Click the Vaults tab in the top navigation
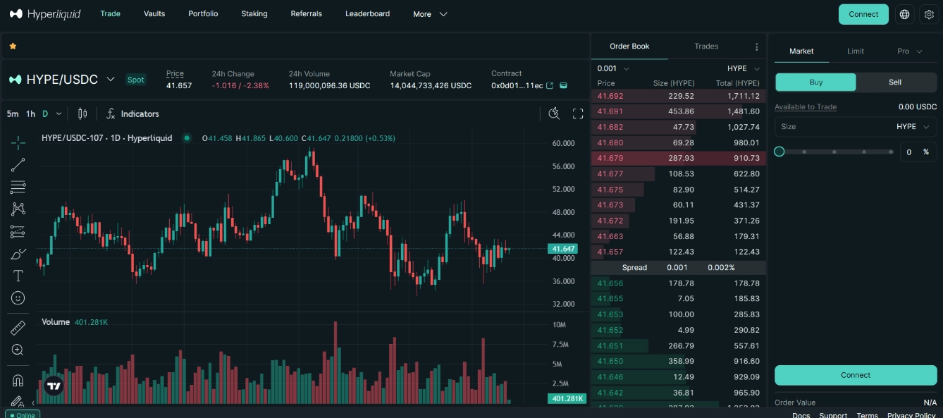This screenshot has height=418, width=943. click(x=154, y=13)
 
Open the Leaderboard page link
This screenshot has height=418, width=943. click(x=367, y=13)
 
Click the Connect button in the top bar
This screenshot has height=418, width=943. click(x=863, y=14)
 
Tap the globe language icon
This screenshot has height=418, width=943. click(x=904, y=14)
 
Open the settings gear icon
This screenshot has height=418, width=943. click(x=929, y=14)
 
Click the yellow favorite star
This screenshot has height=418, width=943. click(x=13, y=46)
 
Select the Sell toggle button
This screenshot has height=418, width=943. click(x=894, y=82)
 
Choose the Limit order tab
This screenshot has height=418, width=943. click(x=856, y=51)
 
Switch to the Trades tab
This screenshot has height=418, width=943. click(x=706, y=46)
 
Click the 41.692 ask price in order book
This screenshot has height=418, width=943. click(x=610, y=96)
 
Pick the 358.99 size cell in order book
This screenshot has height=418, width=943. click(x=680, y=361)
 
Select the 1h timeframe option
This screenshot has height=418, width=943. click(x=30, y=113)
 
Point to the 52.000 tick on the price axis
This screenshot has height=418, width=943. click(x=563, y=189)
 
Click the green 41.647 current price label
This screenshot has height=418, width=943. click(x=562, y=249)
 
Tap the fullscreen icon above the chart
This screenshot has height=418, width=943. click(x=578, y=113)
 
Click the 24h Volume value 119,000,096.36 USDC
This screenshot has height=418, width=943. click(x=329, y=85)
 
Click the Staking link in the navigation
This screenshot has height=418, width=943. click(x=254, y=13)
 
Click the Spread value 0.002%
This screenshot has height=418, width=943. click(x=721, y=267)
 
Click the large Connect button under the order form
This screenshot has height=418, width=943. click(x=856, y=375)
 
